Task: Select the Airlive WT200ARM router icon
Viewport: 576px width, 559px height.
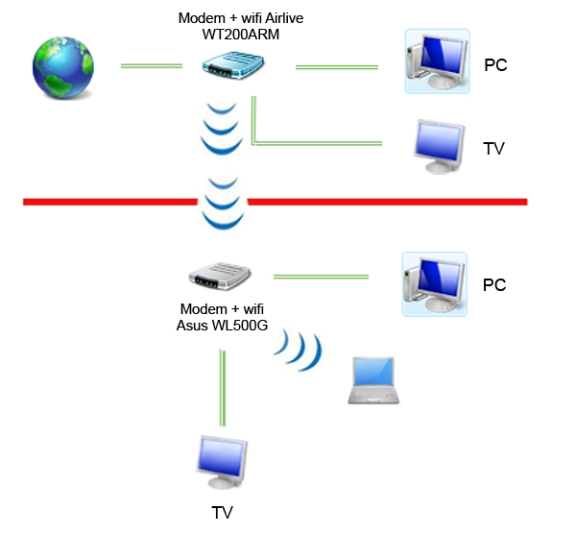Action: pos(232,66)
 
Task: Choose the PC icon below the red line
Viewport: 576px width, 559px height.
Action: pos(434,283)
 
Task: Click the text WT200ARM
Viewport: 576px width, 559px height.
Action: pos(234,35)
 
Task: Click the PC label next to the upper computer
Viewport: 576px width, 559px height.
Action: pos(495,66)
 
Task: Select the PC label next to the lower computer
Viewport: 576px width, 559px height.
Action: pos(493,285)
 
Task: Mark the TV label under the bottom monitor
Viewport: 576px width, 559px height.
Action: pos(222,513)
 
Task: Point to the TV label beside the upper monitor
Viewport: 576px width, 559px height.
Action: pos(493,149)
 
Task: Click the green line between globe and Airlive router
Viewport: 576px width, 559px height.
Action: pos(151,66)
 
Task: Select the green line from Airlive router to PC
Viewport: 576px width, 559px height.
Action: pos(336,66)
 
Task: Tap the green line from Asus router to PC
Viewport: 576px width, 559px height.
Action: pos(321,277)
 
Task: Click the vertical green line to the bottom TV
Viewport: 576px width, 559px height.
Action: pos(223,389)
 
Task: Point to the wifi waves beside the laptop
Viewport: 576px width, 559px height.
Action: pos(300,352)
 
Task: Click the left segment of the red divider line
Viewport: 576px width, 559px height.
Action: pos(106,202)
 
